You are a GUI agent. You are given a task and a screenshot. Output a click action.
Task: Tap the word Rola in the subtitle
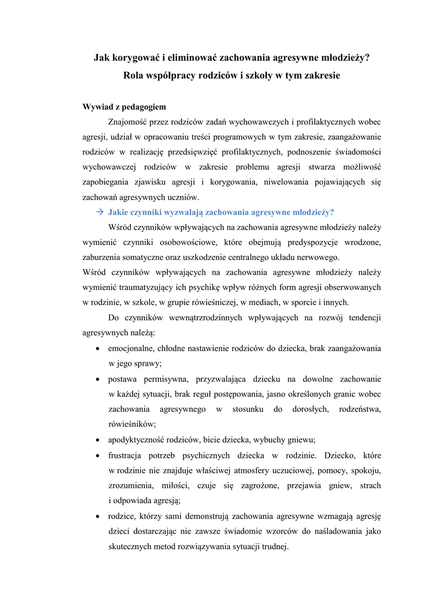[x=135, y=76]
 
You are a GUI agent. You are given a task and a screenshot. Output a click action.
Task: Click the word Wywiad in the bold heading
[x=97, y=108]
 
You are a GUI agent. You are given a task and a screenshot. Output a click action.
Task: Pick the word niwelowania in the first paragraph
[x=268, y=182]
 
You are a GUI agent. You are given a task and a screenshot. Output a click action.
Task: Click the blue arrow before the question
[x=100, y=212]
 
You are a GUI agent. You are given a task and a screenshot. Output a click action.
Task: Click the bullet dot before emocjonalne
[x=97, y=348]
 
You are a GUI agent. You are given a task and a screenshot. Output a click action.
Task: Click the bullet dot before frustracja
[x=97, y=455]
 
